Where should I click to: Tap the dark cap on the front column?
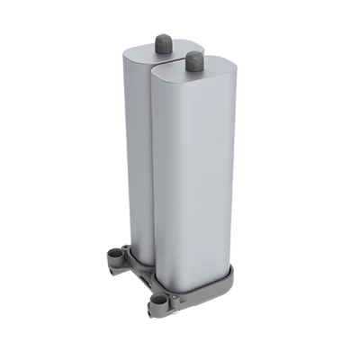(193, 60)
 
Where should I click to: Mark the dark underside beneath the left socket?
(118, 270)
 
